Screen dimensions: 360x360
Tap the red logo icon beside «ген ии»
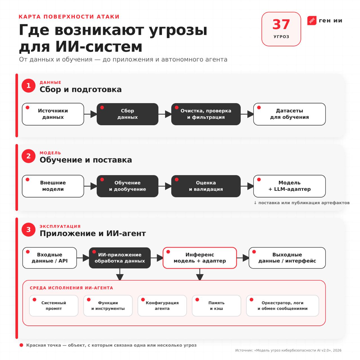pyautogui.click(x=312, y=21)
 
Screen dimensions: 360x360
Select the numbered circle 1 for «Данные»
pyautogui.click(x=28, y=85)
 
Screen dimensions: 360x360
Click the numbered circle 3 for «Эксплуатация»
pyautogui.click(x=28, y=229)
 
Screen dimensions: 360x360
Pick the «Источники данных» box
pyautogui.click(x=53, y=114)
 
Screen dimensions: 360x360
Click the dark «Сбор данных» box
pyautogui.click(x=127, y=114)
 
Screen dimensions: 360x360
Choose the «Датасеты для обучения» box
pyautogui.click(x=289, y=114)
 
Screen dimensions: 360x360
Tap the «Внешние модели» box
pyautogui.click(x=53, y=186)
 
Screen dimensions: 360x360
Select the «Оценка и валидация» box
pyautogui.click(x=206, y=186)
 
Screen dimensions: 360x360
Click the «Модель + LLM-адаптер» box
pyautogui.click(x=289, y=186)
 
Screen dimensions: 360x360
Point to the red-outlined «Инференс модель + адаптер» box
pyautogui.click(x=199, y=258)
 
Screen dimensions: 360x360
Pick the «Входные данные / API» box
pyautogui.click(x=49, y=258)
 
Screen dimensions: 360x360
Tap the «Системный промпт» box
pyautogui.click(x=54, y=305)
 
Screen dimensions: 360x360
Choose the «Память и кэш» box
pyautogui.click(x=216, y=305)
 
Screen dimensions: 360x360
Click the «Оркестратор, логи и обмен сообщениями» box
pyautogui.click(x=282, y=305)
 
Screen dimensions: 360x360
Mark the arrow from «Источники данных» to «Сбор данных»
pyautogui.click(x=90, y=114)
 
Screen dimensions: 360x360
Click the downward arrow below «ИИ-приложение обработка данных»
pyautogui.click(x=120, y=274)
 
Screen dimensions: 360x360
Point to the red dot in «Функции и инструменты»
pyautogui.click(x=89, y=300)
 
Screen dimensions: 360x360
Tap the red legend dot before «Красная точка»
pyautogui.click(x=21, y=345)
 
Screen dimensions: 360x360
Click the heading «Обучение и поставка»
pyautogui.click(x=86, y=160)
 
